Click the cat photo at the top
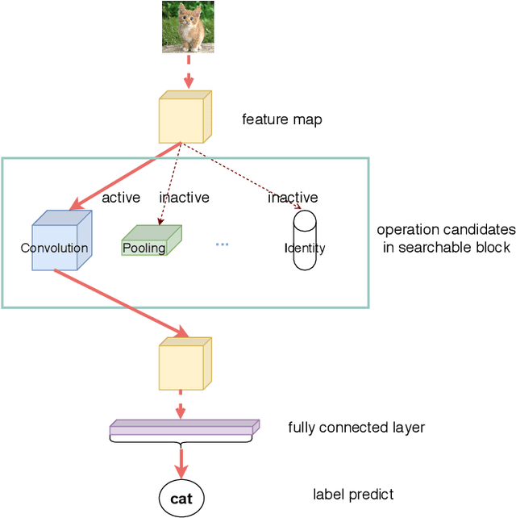tap(188, 27)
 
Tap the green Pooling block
tap(151, 241)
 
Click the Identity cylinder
tap(305, 240)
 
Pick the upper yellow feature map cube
tap(185, 118)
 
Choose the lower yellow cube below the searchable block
tap(185, 364)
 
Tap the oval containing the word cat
tap(181, 499)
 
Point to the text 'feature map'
tap(282, 120)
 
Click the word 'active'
tap(121, 198)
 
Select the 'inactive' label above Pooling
tap(184, 198)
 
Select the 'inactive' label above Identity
tap(293, 198)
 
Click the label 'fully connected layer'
tap(356, 428)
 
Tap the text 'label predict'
tap(353, 495)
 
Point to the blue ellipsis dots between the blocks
tap(222, 244)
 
